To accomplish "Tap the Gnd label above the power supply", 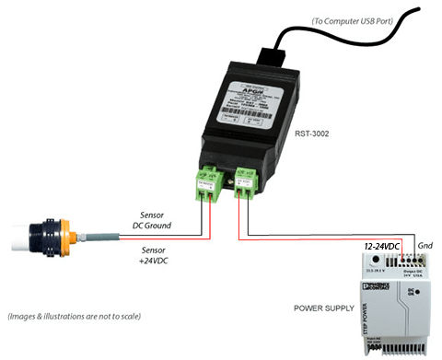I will (424, 247).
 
